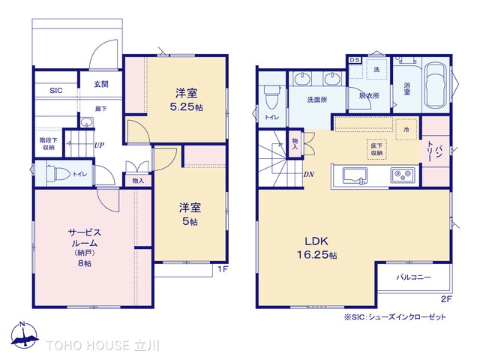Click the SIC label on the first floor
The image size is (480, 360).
56,91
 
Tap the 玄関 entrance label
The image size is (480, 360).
101,84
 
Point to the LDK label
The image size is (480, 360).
314,241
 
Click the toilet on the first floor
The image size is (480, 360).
58,173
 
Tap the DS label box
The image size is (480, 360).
355,59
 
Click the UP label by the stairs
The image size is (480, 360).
99,145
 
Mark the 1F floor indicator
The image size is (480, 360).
222,268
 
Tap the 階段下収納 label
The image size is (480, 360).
46,142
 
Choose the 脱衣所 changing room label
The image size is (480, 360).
368,96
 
